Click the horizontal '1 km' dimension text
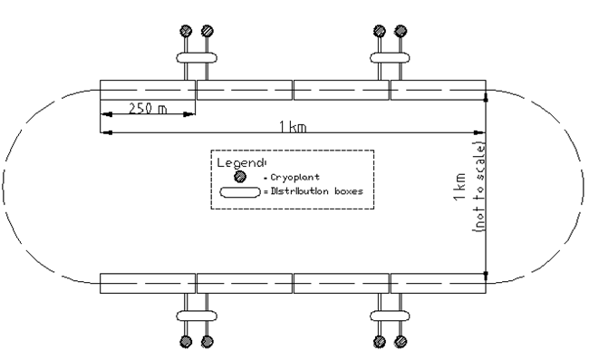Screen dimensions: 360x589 point(293,127)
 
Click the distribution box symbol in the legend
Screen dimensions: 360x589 point(239,191)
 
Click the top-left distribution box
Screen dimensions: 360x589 point(196,58)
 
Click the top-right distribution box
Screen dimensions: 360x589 point(391,58)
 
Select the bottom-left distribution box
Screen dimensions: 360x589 point(196,315)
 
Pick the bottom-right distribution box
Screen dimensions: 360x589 point(391,315)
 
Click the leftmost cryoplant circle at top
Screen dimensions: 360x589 point(185,30)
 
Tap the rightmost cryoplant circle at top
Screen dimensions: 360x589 point(401,30)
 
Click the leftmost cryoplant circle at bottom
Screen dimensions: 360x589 point(185,342)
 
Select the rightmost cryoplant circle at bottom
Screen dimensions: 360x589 point(401,342)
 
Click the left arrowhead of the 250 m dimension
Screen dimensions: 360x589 point(104,114)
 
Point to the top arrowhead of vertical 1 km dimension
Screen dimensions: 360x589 point(487,94)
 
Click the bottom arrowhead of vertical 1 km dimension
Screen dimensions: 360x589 point(487,274)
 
